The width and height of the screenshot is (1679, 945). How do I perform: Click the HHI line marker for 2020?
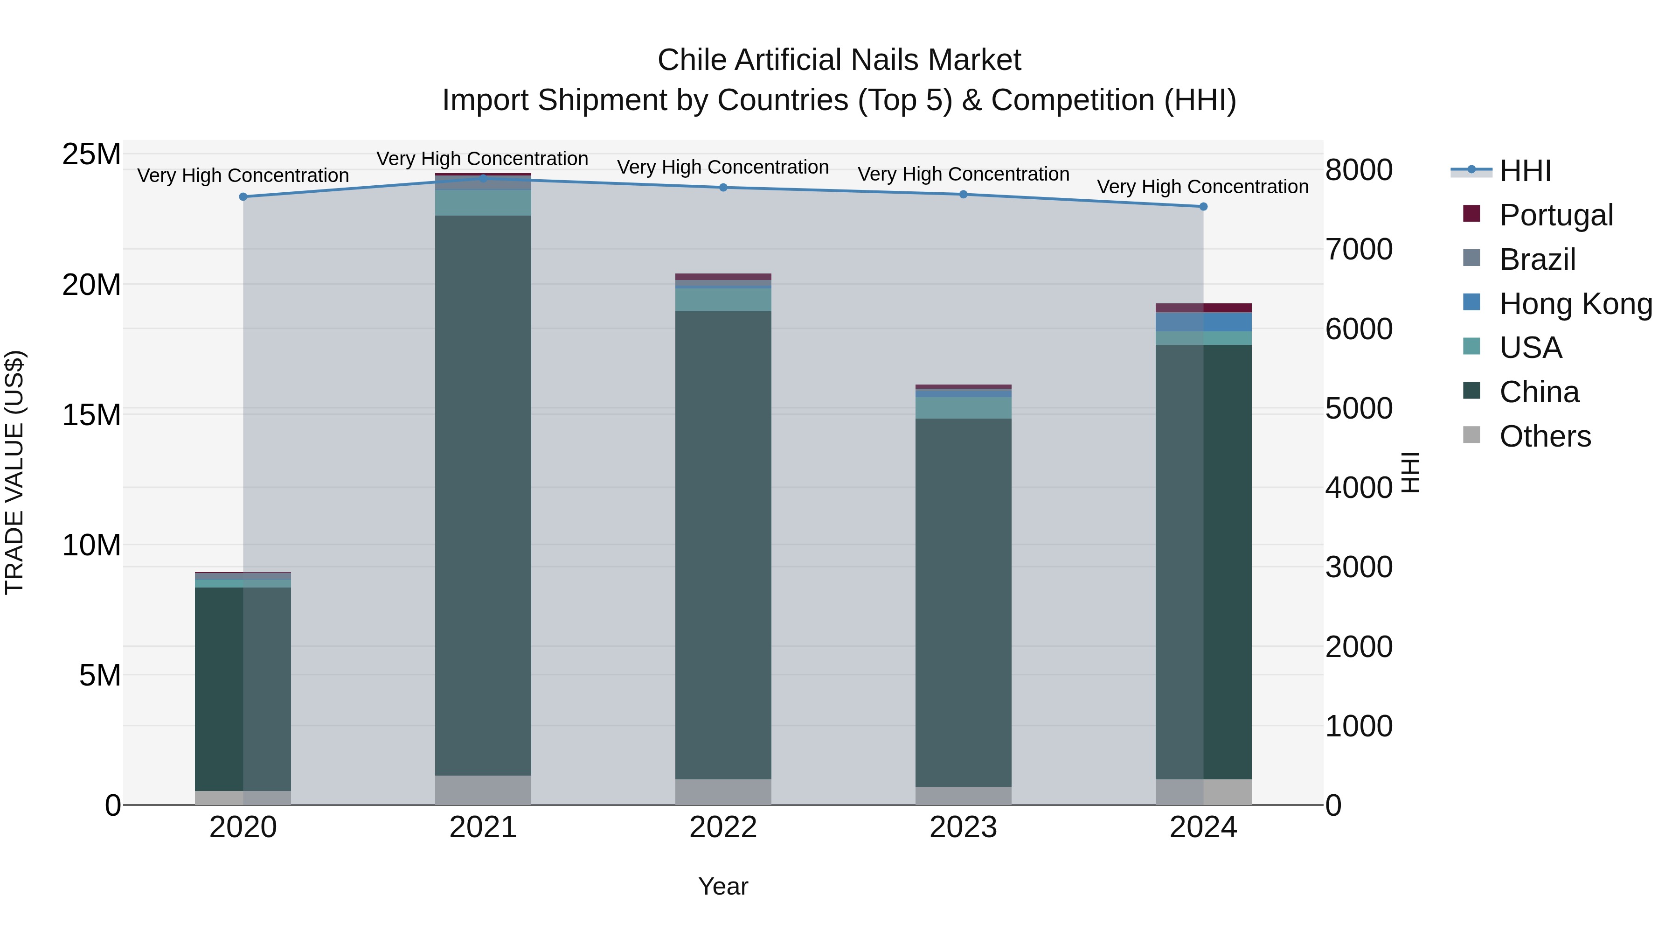point(243,196)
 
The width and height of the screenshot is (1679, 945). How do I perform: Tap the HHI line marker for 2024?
point(1203,207)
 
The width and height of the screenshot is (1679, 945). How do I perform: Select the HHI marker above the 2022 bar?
point(723,188)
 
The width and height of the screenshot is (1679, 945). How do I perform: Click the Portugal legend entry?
point(1556,215)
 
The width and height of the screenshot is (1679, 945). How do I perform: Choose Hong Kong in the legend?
point(1575,304)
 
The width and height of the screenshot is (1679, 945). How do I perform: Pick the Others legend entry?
point(1545,436)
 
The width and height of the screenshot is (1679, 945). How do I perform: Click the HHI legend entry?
point(1525,171)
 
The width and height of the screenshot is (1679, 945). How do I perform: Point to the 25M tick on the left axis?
point(91,154)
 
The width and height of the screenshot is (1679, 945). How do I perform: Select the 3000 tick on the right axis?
point(1359,567)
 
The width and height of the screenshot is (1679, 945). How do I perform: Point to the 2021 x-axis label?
point(483,827)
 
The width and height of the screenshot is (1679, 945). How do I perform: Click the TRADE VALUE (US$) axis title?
point(14,472)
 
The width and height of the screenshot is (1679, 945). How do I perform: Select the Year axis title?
point(723,886)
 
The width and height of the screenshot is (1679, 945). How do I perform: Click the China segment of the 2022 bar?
point(723,545)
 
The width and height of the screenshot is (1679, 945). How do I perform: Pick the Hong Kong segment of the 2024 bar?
point(1203,322)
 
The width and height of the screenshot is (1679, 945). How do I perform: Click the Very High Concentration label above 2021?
point(482,159)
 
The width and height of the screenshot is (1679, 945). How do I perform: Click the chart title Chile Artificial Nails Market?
point(839,60)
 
